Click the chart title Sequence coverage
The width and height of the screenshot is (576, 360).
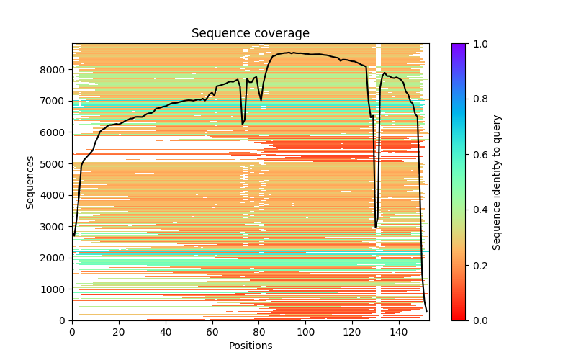(250, 34)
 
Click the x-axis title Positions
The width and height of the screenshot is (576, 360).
(250, 346)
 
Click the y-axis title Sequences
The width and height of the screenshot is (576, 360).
(30, 182)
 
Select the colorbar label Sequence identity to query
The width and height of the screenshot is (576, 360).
(498, 182)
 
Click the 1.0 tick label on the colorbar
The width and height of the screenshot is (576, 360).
(478, 44)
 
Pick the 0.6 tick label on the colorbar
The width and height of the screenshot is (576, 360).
(478, 155)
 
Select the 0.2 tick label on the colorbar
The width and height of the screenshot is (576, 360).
(478, 265)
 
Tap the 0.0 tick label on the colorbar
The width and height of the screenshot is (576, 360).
(478, 320)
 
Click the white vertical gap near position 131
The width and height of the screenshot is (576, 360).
(378, 180)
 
